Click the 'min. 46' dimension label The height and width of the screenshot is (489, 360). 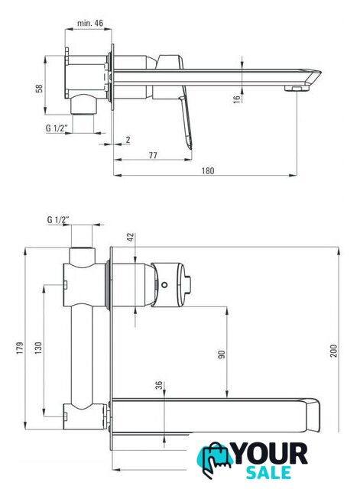click(90, 23)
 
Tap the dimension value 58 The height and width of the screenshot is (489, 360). click(39, 89)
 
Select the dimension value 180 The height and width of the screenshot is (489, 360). click(208, 170)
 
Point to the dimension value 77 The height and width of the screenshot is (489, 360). click(153, 155)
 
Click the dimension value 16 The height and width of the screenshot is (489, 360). click(237, 99)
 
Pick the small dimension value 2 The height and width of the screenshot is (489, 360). click(128, 140)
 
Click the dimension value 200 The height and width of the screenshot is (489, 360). click(334, 351)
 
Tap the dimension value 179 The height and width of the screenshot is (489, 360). click(20, 348)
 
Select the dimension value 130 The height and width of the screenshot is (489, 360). click(38, 348)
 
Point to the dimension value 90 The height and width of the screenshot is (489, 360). click(222, 355)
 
